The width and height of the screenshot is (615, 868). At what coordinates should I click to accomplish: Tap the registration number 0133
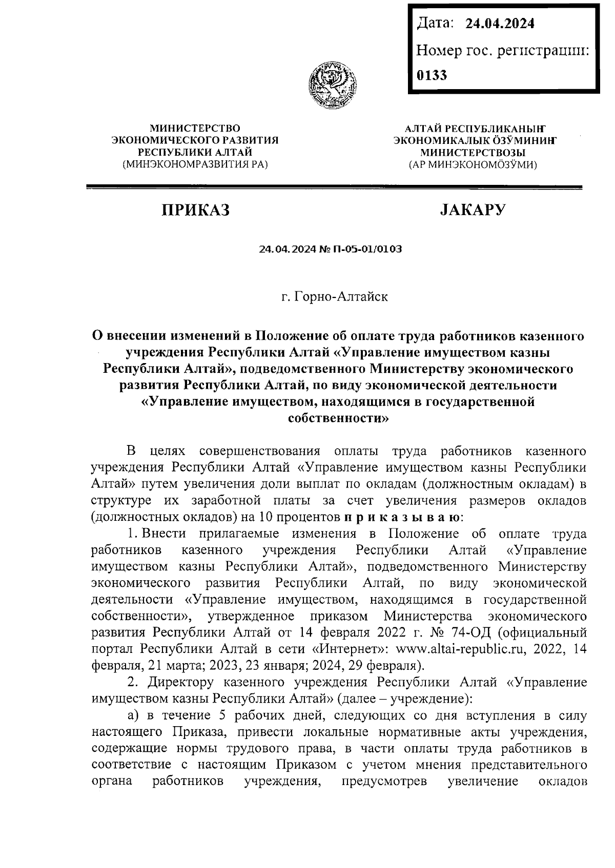(432, 75)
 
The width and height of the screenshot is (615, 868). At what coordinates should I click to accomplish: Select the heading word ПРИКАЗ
(195, 210)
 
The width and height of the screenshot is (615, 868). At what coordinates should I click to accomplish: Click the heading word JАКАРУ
(473, 210)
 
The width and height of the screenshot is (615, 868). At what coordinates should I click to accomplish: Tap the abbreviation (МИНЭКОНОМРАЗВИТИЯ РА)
(195, 164)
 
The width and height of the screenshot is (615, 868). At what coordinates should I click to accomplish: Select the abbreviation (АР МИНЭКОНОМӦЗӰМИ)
(473, 165)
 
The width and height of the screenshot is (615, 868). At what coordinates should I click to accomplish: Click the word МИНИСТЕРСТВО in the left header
(195, 128)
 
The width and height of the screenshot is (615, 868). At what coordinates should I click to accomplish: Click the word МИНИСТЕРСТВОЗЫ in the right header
(473, 153)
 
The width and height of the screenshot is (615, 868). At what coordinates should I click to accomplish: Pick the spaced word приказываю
(403, 517)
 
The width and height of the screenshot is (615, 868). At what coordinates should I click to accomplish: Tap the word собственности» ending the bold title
(338, 418)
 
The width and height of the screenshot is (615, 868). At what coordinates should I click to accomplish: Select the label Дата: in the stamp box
(436, 23)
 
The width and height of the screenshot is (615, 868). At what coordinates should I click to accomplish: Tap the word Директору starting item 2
(181, 682)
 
